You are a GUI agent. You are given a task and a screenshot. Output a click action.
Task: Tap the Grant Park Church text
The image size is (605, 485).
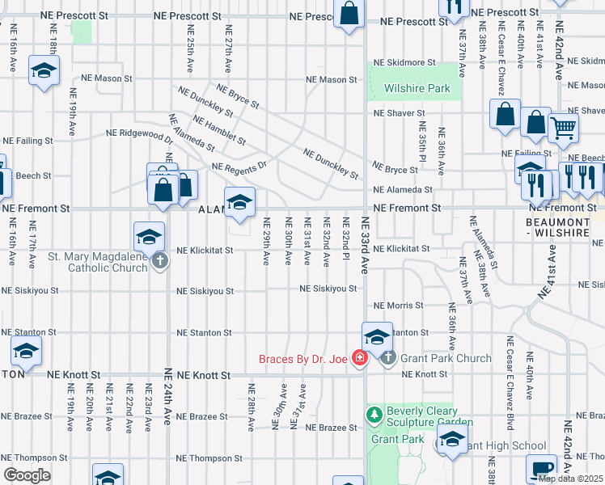coord(444,358)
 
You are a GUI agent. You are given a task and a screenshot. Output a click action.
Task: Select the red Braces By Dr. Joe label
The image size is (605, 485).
coord(302,359)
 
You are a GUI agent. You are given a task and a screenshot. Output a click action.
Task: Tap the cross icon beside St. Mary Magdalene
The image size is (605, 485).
coord(160,260)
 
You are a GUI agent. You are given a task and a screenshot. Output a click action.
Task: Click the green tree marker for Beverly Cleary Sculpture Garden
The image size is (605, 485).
coord(373,415)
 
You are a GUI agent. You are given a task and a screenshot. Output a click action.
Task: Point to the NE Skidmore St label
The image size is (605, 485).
coord(404,62)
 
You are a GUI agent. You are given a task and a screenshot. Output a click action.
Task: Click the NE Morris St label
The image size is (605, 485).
coord(398,306)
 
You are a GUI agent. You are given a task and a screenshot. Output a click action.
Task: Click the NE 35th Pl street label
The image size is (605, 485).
coord(422,142)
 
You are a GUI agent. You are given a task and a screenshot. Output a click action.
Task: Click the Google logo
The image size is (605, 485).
coord(27,475)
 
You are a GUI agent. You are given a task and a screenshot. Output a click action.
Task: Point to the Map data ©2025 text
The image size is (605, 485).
coord(570,479)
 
